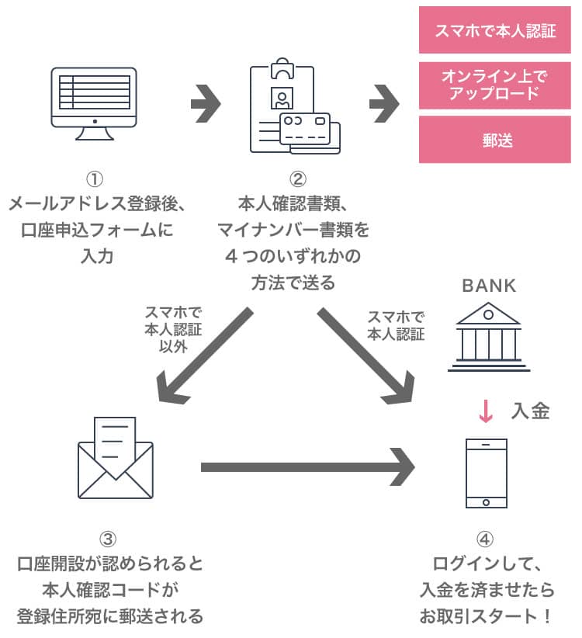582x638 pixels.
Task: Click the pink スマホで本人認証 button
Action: pyautogui.click(x=495, y=30)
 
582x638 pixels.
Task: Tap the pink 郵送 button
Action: pyautogui.click(x=495, y=140)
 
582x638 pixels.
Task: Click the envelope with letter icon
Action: pyautogui.click(x=116, y=458)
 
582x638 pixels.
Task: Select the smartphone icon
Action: pyautogui.click(x=486, y=473)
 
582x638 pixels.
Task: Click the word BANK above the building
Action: pyautogui.click(x=488, y=286)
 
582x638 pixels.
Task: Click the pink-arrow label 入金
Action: pyautogui.click(x=530, y=411)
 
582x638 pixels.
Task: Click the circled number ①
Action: pyautogui.click(x=95, y=179)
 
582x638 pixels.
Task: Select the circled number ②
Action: pyautogui.click(x=293, y=179)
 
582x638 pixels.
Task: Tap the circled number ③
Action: pyautogui.click(x=109, y=539)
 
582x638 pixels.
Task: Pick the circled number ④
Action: pyautogui.click(x=486, y=539)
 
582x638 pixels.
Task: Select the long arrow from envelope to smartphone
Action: pyautogui.click(x=307, y=467)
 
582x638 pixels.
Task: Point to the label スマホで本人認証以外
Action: pyautogui.click(x=173, y=330)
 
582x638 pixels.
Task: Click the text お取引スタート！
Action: pyautogui.click(x=486, y=617)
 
